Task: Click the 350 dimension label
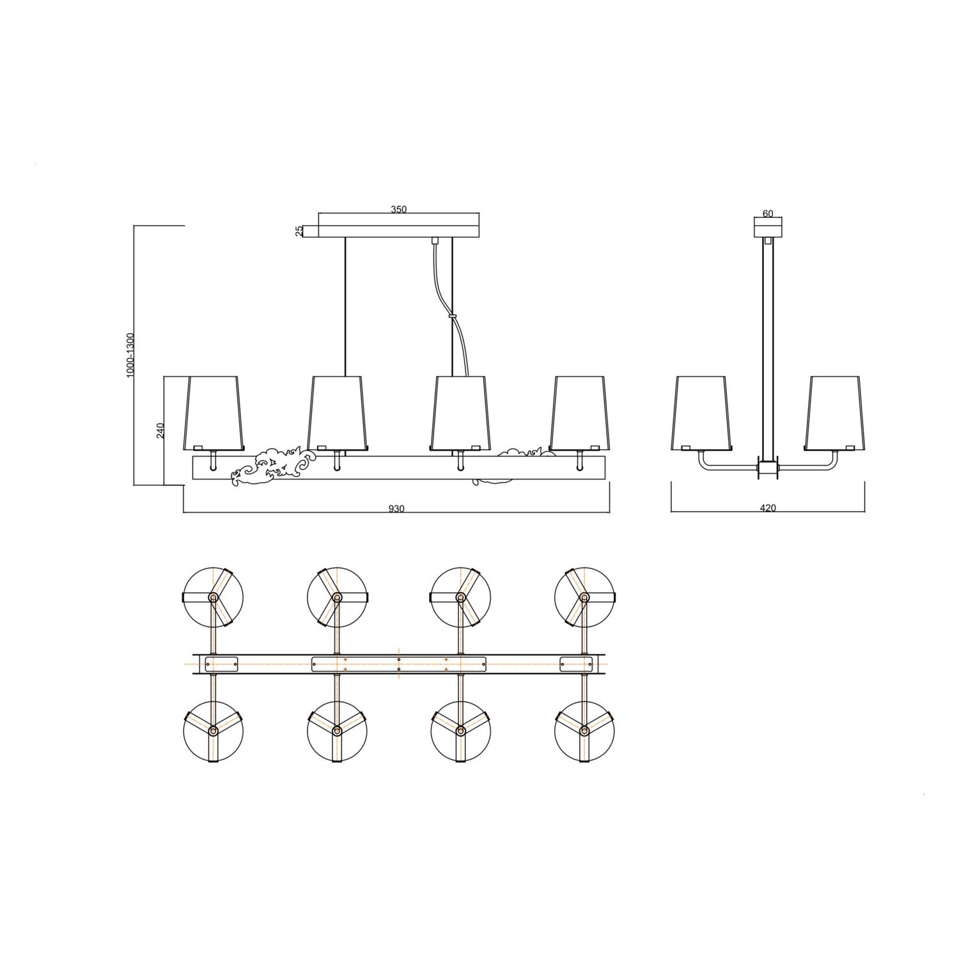[x=399, y=209]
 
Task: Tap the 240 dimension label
[x=160, y=430]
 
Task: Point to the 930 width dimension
[x=396, y=509]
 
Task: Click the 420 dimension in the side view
[x=768, y=508]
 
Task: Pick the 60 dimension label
[x=768, y=214]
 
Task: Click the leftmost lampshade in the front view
[x=214, y=412]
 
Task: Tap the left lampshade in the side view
[x=701, y=412]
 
